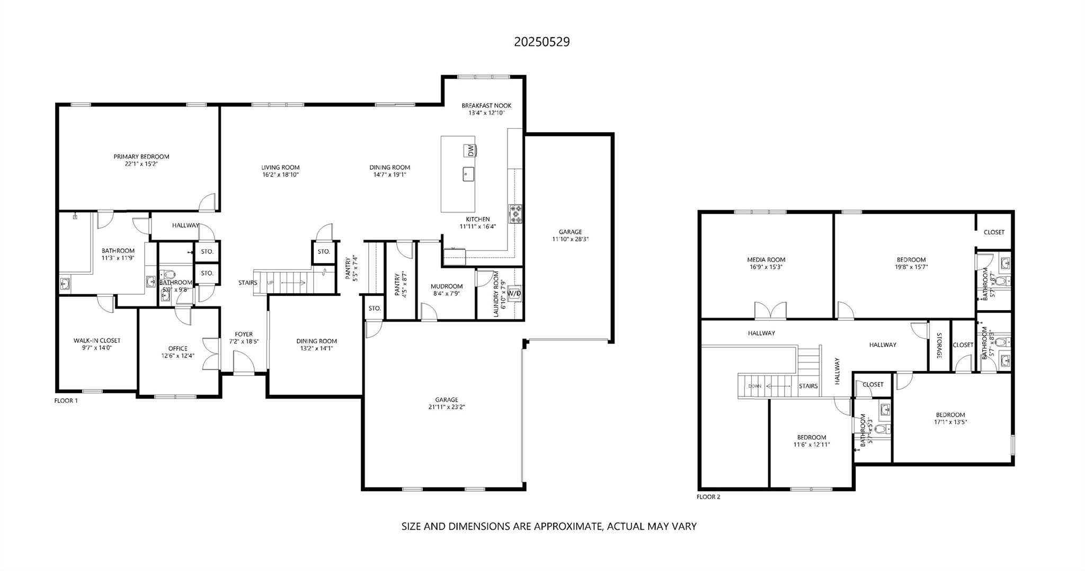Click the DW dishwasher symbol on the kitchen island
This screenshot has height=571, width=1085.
tap(470, 150)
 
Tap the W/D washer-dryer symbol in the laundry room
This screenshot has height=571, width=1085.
tap(514, 293)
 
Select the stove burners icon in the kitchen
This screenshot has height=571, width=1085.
tap(515, 214)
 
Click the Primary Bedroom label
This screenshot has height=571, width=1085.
tap(141, 157)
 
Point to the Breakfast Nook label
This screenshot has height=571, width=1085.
tap(486, 105)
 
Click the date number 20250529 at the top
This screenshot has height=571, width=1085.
tap(541, 42)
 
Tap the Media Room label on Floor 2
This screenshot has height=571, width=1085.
tap(766, 259)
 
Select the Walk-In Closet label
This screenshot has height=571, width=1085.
tap(96, 340)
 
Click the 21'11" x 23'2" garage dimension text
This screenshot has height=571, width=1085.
tap(447, 407)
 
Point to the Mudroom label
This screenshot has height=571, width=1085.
tap(446, 286)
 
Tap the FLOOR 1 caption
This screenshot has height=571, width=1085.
tap(66, 401)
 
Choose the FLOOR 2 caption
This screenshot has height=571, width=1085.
tap(708, 497)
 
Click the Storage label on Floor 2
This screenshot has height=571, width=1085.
tap(938, 346)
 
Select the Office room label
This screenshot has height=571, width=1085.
tap(177, 348)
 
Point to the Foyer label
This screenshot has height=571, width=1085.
tap(244, 334)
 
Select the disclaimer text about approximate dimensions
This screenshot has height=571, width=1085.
tap(549, 527)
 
